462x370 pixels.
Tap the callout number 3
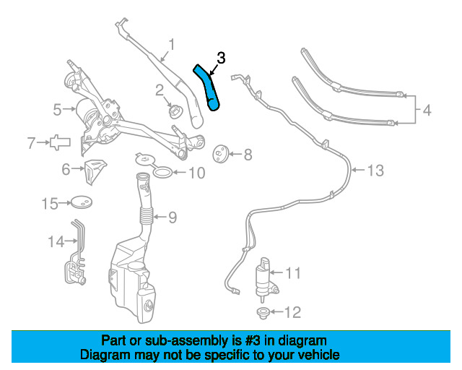[x=222, y=57]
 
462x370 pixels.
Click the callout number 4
[x=427, y=111]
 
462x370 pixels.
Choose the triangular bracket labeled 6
[x=58, y=142]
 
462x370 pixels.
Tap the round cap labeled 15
[x=82, y=204]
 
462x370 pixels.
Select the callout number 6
[x=66, y=169]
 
